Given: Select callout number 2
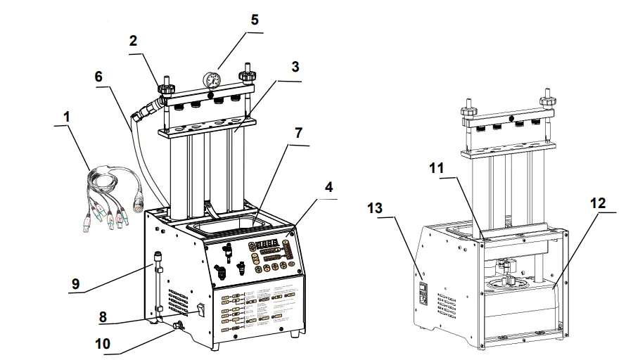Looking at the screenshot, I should click(132, 41).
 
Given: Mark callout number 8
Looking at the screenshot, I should click(103, 317).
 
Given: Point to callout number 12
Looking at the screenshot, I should click(598, 202).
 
